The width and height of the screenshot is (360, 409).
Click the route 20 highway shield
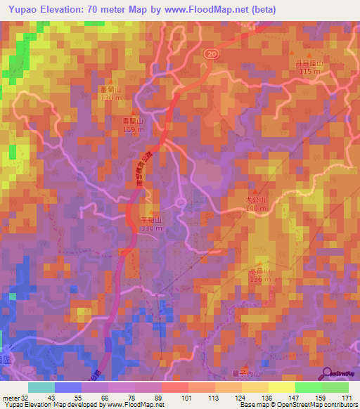212,53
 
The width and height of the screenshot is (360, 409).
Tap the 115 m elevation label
306,72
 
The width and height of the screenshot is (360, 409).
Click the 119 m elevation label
129,129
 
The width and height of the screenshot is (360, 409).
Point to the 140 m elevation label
257,208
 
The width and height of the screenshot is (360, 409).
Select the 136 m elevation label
259,279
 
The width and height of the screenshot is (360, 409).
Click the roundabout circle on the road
180,203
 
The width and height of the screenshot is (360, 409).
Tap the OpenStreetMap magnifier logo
326,374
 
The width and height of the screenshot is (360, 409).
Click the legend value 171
347,398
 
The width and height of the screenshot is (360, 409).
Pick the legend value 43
50,398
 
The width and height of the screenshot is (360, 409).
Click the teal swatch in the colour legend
41,387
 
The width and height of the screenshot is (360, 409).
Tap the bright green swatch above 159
308,387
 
